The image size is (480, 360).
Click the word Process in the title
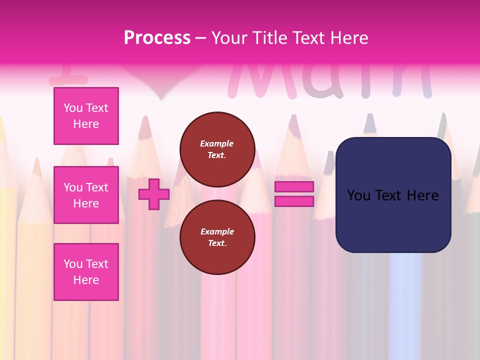[157, 38]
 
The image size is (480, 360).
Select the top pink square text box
[86, 116]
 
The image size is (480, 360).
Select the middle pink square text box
[86, 195]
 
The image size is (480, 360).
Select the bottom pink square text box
[86, 272]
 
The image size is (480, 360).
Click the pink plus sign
[153, 194]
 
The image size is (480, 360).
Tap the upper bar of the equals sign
[294, 186]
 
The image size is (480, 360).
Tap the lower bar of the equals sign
[294, 201]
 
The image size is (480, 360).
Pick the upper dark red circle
[217, 149]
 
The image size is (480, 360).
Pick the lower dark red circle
[217, 237]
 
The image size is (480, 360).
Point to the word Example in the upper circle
[217, 143]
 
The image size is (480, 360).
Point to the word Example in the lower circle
[217, 231]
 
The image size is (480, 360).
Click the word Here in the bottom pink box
[86, 280]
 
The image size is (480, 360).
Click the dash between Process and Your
[201, 38]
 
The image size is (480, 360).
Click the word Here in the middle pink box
[86, 203]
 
